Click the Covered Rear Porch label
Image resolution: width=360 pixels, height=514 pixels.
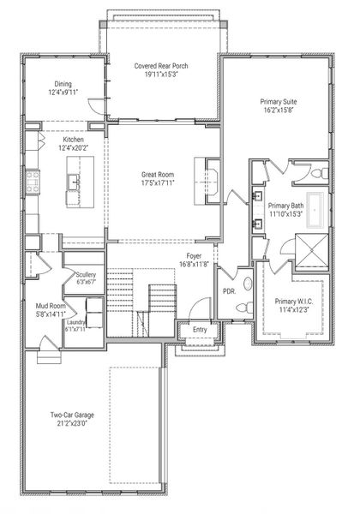(161, 66)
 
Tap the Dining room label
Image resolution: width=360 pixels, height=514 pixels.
(63, 84)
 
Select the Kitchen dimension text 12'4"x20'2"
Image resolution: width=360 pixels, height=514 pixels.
(73, 148)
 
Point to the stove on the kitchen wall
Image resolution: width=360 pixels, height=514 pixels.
(35, 181)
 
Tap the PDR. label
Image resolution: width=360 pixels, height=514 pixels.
(228, 290)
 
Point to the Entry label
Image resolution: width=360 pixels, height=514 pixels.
(199, 328)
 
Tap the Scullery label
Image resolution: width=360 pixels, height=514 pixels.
(85, 274)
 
